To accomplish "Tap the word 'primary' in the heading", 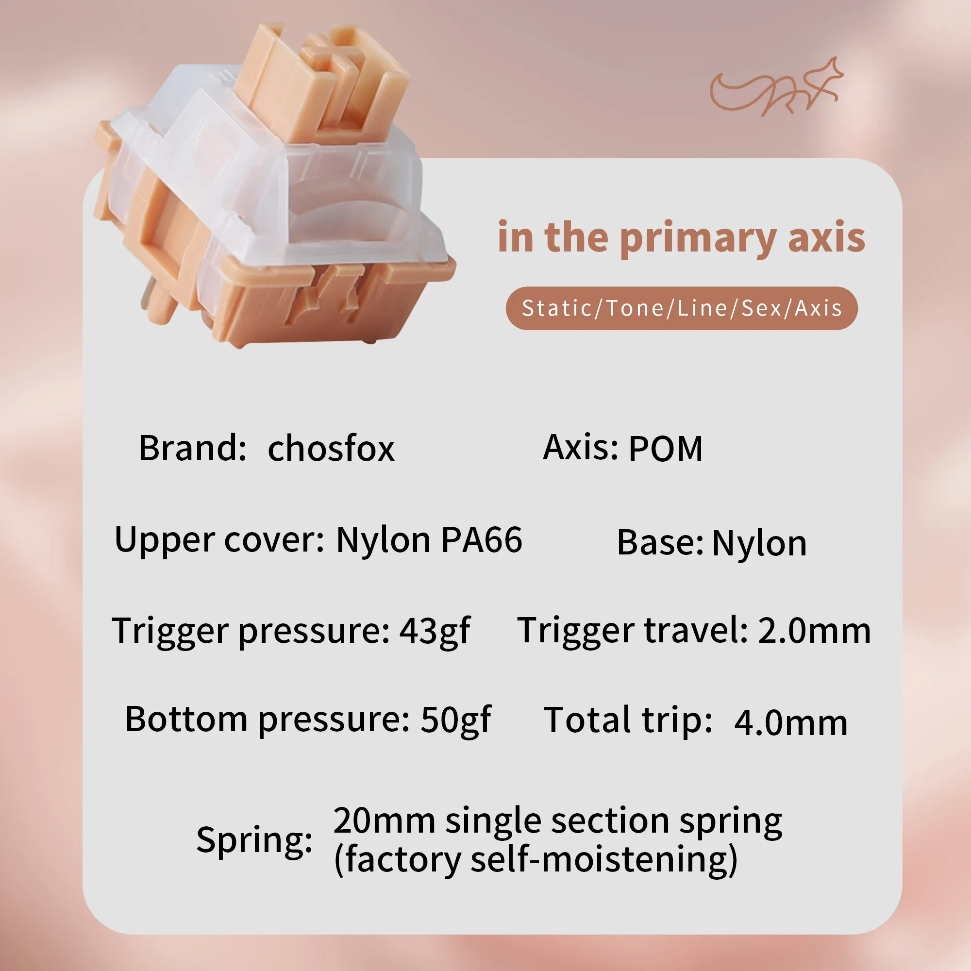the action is [699, 239].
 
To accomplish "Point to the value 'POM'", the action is [666, 448].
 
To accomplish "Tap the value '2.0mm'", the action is [814, 630].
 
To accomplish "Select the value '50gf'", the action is [456, 720].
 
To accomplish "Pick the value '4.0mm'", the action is [791, 723].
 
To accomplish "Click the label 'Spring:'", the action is [254, 840].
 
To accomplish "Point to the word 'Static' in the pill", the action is [557, 308].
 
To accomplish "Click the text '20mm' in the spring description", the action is [385, 821].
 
